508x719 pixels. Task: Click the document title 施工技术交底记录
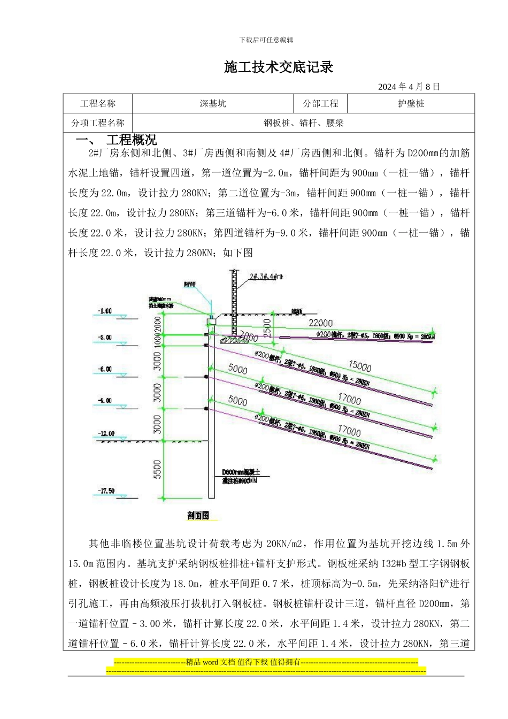(279, 67)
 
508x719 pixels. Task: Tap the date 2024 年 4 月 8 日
(409, 87)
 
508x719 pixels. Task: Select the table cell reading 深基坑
(213, 104)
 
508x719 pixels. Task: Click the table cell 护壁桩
(411, 104)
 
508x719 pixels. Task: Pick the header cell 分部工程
(321, 104)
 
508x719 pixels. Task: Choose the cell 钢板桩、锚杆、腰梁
(303, 123)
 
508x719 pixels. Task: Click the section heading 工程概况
(132, 140)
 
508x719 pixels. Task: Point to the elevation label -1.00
(105, 311)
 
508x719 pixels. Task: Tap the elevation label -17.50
(106, 491)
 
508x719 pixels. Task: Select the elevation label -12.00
(106, 433)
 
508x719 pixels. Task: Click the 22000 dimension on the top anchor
(320, 323)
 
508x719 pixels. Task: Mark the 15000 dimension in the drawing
(359, 366)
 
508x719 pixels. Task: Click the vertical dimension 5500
(157, 469)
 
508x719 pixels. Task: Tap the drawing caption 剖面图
(198, 516)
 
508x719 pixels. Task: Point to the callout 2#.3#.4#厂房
(266, 277)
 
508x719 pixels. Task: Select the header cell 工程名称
(98, 104)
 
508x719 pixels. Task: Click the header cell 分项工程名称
(98, 123)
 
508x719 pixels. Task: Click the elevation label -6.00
(105, 369)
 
